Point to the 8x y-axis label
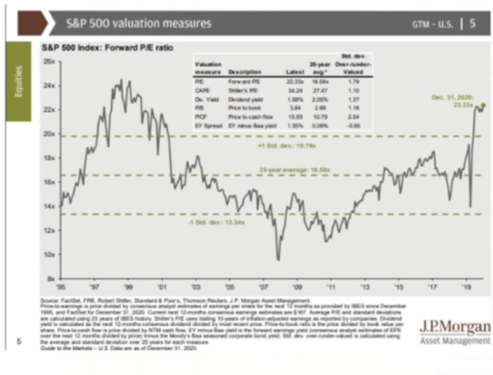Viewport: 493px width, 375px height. click(51, 278)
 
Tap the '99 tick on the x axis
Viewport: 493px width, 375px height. click(128, 287)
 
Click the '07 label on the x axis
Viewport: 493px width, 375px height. click(263, 287)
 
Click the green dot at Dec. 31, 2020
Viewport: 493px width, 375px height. click(484, 105)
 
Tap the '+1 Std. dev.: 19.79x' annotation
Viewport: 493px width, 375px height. click(279, 146)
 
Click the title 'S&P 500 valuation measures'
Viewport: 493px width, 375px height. click(138, 23)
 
